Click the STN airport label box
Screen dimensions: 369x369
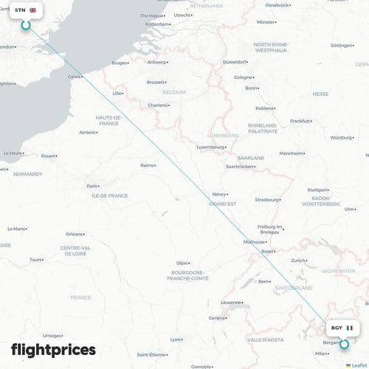(x=25, y=10)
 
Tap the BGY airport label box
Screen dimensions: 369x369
(x=342, y=328)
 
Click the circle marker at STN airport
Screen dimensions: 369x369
(x=26, y=25)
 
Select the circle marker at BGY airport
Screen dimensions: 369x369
(x=343, y=343)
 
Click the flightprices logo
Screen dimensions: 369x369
(x=53, y=350)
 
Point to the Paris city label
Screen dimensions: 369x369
(x=92, y=186)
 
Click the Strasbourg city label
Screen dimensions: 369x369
(x=267, y=199)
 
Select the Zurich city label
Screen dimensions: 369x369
(x=298, y=261)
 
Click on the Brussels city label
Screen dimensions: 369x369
(x=156, y=82)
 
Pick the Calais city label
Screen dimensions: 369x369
(x=75, y=76)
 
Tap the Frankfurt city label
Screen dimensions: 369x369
(x=300, y=120)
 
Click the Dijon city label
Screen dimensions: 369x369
(x=182, y=263)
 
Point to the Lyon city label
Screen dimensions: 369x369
(x=176, y=339)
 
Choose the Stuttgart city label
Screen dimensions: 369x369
(x=317, y=190)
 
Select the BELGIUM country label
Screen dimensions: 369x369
(x=173, y=92)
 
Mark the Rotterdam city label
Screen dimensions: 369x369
(x=157, y=24)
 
